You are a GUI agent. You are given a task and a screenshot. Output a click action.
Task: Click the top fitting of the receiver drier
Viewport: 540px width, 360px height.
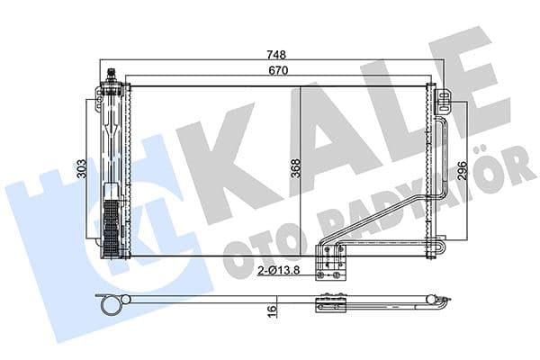[x=111, y=74]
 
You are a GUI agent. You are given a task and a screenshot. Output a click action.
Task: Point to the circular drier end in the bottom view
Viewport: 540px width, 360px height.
[x=112, y=307]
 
